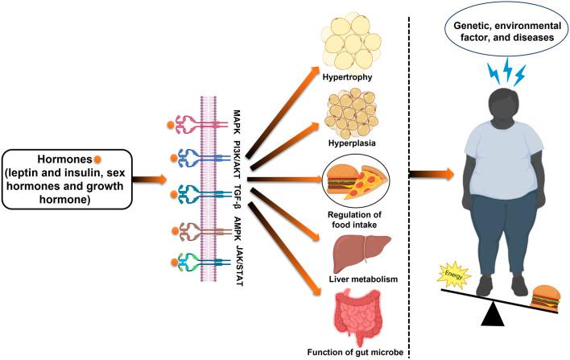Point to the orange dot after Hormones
click(x=97, y=158)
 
